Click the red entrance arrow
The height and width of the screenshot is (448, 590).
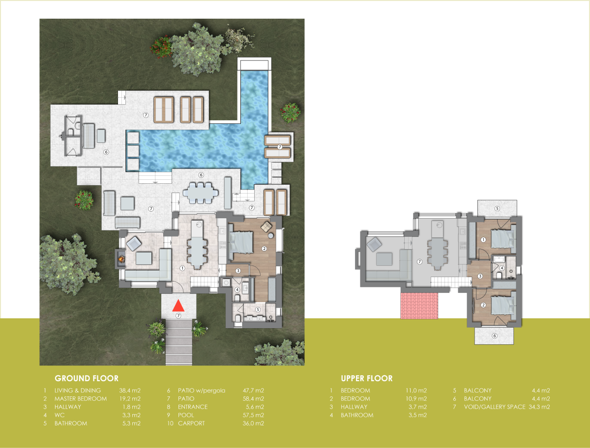(178, 306)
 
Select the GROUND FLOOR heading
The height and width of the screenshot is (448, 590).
(87, 378)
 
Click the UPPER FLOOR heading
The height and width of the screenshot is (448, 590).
(367, 378)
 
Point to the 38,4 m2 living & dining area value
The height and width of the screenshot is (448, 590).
(130, 391)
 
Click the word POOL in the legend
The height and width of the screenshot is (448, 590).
(186, 415)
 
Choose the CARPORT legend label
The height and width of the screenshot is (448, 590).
(191, 423)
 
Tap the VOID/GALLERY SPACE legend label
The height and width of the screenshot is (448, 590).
(494, 407)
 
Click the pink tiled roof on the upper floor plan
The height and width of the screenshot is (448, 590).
(419, 306)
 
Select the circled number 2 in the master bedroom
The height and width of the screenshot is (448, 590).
(264, 249)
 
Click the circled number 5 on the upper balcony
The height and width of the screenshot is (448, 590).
(497, 208)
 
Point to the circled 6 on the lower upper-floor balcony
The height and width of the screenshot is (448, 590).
(494, 336)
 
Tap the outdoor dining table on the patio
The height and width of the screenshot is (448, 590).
(201, 193)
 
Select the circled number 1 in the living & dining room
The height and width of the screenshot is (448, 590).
(182, 268)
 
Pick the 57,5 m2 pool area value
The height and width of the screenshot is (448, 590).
(253, 415)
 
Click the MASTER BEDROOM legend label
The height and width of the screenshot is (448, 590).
(81, 398)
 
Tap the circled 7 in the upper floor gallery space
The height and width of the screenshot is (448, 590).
(419, 262)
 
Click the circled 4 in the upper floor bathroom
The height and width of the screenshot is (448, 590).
(501, 268)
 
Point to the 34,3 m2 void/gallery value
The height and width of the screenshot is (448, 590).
(539, 407)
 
